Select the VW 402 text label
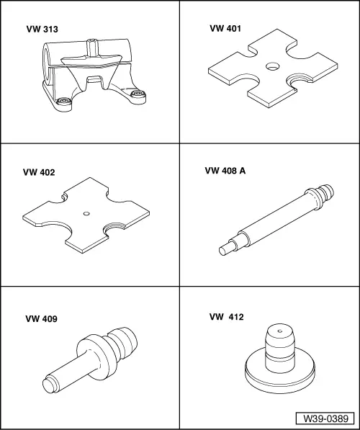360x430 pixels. (39, 173)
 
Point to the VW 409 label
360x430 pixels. (41, 318)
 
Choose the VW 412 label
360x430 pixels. (227, 316)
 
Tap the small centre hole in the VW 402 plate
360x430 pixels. (86, 212)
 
